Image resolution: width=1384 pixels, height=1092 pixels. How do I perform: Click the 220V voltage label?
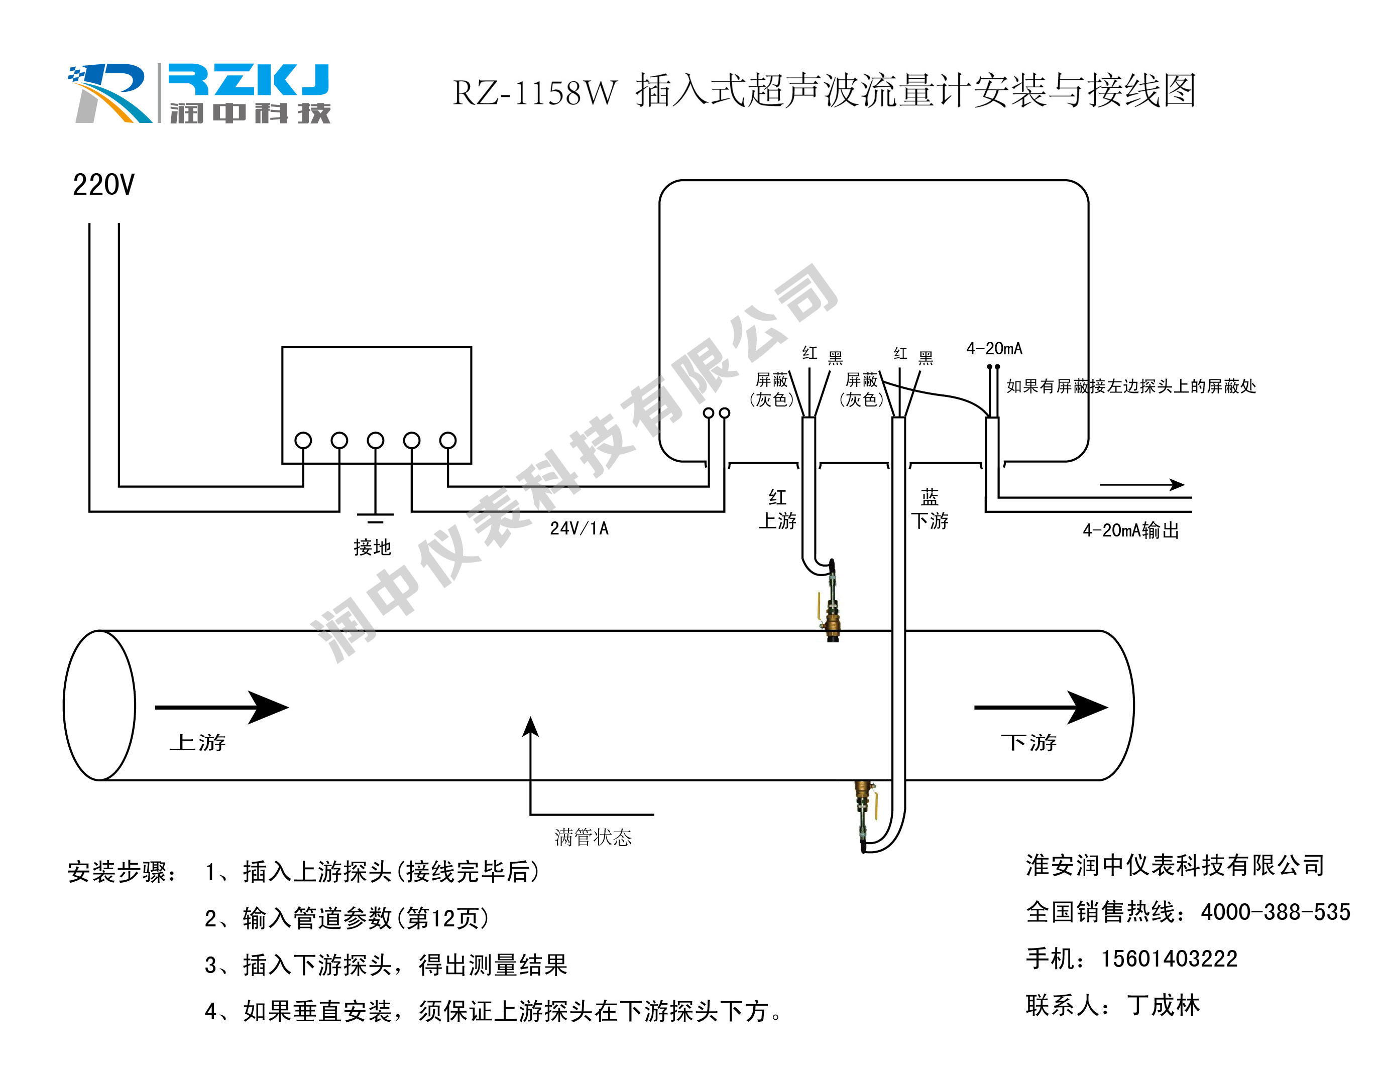point(103,185)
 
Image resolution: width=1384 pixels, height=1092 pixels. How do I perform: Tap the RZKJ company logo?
point(200,93)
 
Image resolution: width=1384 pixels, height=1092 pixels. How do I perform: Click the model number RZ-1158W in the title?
point(534,93)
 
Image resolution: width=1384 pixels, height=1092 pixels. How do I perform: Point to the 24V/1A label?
point(579,528)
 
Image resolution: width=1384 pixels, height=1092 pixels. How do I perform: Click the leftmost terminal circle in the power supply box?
point(303,441)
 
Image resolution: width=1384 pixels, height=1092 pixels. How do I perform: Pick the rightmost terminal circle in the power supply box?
point(448,441)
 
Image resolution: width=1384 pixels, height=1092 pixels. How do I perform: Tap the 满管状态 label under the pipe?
point(593,837)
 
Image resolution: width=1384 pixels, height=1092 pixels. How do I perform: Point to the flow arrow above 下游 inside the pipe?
point(1041,707)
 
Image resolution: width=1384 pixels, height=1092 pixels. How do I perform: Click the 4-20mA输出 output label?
point(1130,530)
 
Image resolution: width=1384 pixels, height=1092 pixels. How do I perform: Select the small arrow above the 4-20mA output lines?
point(1142,485)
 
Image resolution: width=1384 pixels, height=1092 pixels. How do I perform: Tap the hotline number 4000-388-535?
point(1275,912)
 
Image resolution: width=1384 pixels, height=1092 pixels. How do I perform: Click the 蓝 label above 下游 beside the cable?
point(930,497)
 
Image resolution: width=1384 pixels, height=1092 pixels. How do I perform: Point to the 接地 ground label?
point(373,548)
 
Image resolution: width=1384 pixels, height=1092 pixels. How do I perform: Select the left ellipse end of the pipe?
point(100,705)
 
